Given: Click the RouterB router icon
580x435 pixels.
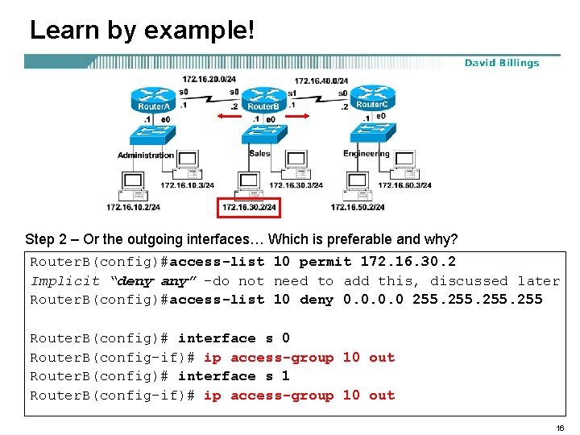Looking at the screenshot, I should point(263,100).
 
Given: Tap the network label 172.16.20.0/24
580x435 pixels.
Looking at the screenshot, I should point(209,80).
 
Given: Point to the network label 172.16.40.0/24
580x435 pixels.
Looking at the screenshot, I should point(321,81).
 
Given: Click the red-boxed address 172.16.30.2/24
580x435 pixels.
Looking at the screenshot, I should point(249,207).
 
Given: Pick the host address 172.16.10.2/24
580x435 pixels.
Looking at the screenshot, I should point(133,207).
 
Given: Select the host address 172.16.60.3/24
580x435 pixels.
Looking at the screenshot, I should point(404,185).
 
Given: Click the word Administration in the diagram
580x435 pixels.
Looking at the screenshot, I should point(146,155).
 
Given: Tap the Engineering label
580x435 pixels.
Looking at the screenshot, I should point(367,154).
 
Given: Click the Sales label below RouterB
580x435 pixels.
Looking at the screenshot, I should point(260,153).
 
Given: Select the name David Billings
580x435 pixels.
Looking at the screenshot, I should point(502,63).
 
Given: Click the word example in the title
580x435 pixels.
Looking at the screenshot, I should point(197,31).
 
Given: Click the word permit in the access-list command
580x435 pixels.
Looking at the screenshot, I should point(325,262).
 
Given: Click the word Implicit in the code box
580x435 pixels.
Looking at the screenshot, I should point(65,281).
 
